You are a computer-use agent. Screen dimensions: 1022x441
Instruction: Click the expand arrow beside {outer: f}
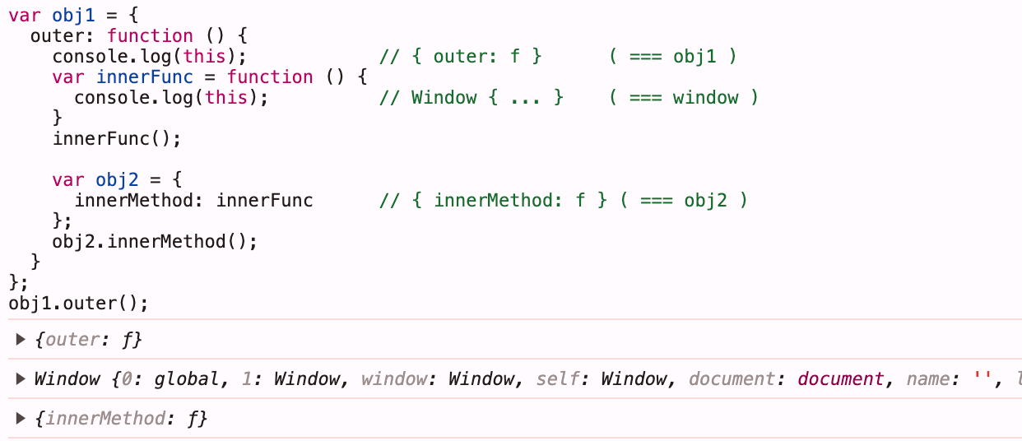coord(20,339)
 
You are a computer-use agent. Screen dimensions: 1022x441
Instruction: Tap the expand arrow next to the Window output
coord(20,378)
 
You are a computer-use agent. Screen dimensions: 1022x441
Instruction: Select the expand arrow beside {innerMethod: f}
coord(20,418)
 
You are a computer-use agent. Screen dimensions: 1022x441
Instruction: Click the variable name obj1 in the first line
coord(73,16)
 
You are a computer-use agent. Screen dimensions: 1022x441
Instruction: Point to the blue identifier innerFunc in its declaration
coord(145,77)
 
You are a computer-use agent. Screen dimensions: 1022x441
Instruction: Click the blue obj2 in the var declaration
coord(117,179)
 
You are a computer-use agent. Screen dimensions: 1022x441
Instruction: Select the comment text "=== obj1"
coord(672,57)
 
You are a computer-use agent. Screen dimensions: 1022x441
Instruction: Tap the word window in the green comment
coord(705,98)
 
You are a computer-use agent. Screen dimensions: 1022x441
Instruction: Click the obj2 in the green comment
coord(705,200)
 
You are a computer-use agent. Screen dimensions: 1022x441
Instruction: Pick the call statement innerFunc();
coord(117,139)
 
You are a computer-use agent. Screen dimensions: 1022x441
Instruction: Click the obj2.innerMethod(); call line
coord(155,242)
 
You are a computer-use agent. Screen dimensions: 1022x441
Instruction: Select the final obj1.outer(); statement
coord(78,304)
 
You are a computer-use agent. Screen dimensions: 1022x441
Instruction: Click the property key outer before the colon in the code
coord(52,36)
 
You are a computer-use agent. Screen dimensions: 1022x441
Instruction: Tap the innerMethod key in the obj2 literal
coord(133,200)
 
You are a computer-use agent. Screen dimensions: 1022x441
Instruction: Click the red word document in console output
coord(840,378)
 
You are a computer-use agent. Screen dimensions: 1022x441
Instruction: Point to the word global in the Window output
coord(187,379)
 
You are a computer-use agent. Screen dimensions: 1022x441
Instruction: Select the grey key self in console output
coord(557,378)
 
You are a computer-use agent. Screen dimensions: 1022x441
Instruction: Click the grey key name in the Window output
coord(927,379)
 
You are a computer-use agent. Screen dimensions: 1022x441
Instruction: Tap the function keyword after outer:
coord(150,35)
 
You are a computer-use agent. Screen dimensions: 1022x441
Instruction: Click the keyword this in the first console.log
coord(204,57)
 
